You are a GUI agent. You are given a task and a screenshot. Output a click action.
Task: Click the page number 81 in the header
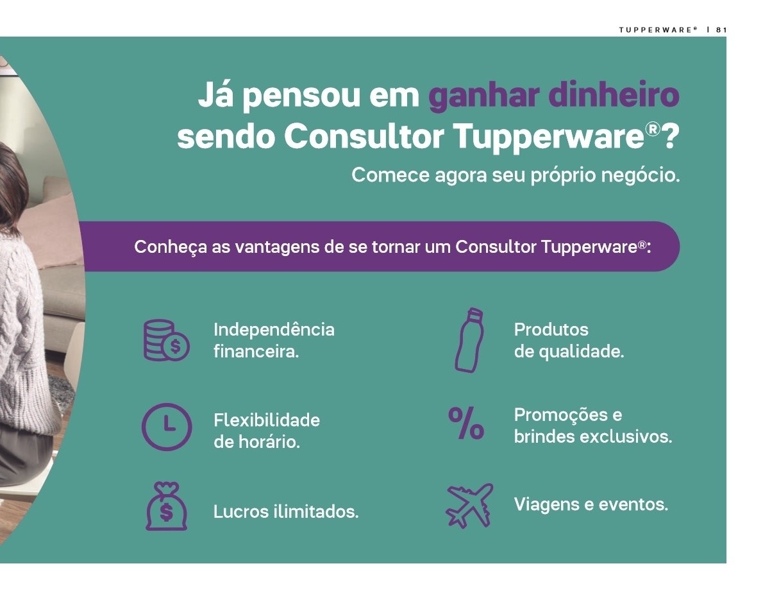(721, 30)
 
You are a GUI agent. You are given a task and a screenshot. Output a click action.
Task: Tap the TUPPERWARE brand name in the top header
(657, 30)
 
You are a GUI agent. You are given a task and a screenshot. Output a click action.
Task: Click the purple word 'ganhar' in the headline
(483, 96)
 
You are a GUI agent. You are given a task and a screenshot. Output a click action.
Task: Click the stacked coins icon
(166, 340)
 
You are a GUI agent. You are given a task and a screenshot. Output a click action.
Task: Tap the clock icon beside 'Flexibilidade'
(167, 427)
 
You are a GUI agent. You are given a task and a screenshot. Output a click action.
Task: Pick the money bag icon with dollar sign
(167, 506)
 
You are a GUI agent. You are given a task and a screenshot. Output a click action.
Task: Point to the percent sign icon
(466, 423)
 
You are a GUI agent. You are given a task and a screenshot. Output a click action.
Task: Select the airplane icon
(469, 506)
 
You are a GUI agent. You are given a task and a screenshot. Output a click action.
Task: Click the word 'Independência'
(274, 330)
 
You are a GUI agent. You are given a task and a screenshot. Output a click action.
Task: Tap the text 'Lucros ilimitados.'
(286, 511)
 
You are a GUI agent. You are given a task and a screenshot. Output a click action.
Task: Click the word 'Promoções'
(561, 415)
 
